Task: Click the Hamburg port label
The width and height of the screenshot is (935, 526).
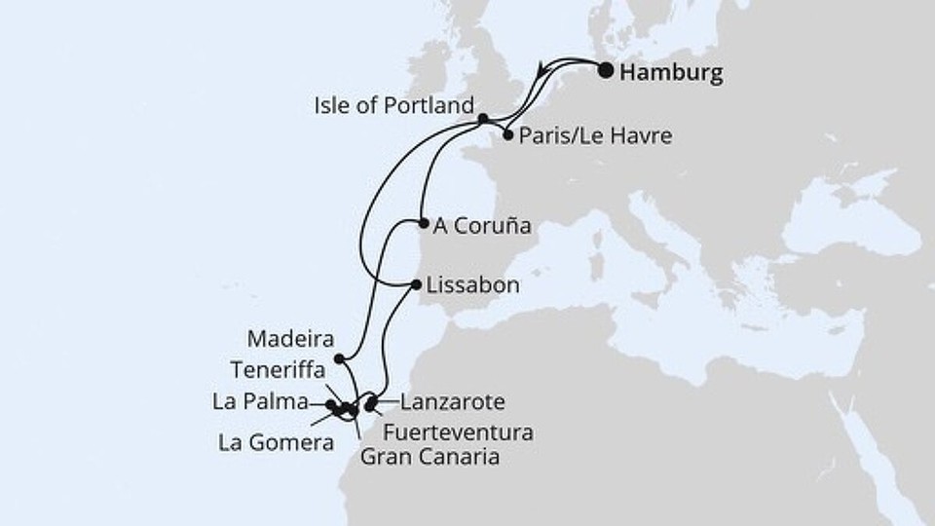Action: coord(672,74)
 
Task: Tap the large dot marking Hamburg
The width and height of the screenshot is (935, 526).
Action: coord(606,70)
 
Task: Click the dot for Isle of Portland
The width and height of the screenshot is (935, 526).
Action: coord(483,119)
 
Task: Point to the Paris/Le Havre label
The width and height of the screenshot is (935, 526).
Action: coord(595,136)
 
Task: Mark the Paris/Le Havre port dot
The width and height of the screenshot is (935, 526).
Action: coord(508,136)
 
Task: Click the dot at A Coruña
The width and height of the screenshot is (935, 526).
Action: coord(424,223)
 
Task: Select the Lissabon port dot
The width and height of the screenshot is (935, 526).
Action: coord(417,285)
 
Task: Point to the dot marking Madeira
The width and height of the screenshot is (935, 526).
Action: coord(338,358)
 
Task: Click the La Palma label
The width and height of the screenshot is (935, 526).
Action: coord(258,400)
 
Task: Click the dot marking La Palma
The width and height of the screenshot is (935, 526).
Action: coord(331,404)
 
